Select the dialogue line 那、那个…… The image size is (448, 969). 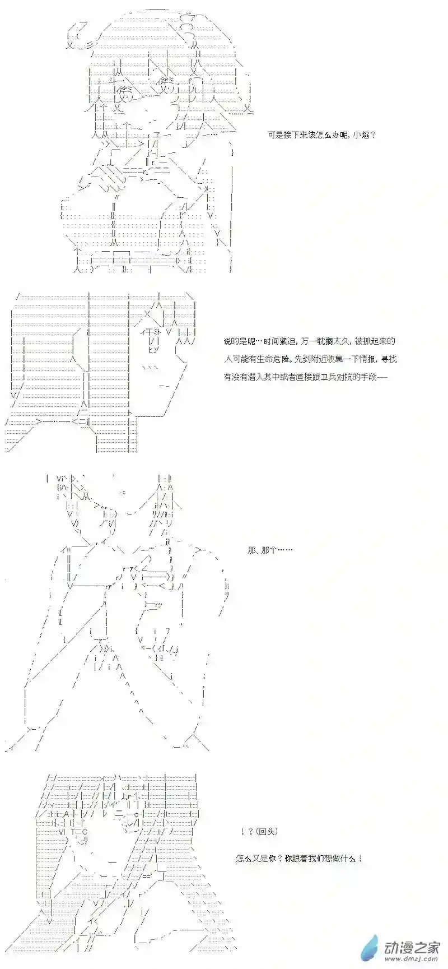click(269, 550)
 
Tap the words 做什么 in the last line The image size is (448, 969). click(345, 858)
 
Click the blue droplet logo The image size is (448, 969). click(371, 948)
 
